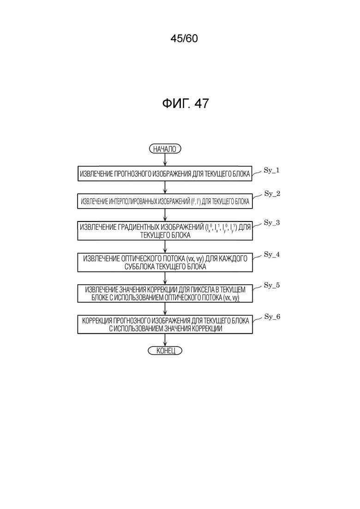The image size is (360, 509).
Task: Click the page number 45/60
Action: pyautogui.click(x=184, y=39)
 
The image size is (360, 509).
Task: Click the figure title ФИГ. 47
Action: pyautogui.click(x=185, y=104)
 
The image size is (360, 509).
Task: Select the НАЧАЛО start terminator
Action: pyautogui.click(x=165, y=149)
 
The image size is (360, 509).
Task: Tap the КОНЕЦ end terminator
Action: pyautogui.click(x=165, y=351)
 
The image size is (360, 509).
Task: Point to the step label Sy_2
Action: pyautogui.click(x=272, y=193)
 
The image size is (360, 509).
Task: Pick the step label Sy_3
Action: pyautogui.click(x=272, y=222)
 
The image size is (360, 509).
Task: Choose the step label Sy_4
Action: pyautogui.click(x=272, y=254)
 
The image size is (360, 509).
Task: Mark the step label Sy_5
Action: pyautogui.click(x=272, y=285)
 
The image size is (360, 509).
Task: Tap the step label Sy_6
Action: pyautogui.click(x=272, y=317)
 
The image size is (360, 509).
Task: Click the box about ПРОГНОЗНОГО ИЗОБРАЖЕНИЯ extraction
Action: pyautogui.click(x=165, y=174)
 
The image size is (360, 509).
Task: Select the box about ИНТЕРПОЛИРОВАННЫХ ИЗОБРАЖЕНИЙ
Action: pyautogui.click(x=165, y=202)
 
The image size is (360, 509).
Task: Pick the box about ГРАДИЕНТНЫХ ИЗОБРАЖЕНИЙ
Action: pyautogui.click(x=165, y=231)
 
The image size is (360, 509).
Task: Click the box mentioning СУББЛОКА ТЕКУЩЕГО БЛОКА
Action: pyautogui.click(x=165, y=262)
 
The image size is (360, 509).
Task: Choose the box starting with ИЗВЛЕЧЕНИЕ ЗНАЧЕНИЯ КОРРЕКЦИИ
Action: pyautogui.click(x=165, y=293)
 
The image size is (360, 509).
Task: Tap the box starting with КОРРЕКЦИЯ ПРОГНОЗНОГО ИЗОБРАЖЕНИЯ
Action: pyautogui.click(x=165, y=325)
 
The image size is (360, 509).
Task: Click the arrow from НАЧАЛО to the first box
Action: pyautogui.click(x=165, y=160)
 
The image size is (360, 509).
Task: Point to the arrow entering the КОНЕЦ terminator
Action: pyautogui.click(x=165, y=340)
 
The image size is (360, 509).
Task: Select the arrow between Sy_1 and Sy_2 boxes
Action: pyautogui.click(x=165, y=188)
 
